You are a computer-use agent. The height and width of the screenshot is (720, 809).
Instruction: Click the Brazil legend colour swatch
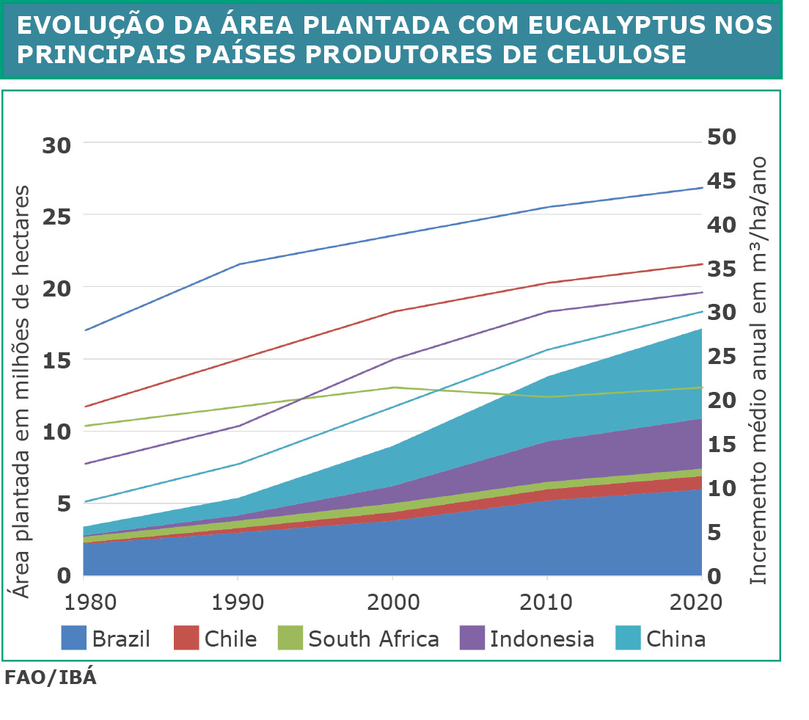[73, 638]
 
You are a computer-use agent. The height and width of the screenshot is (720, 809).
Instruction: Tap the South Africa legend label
[373, 639]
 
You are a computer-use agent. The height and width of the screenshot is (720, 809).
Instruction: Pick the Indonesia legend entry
[542, 639]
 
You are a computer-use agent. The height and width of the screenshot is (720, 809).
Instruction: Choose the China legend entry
[676, 639]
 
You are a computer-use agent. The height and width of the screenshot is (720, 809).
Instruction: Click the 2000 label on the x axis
[393, 603]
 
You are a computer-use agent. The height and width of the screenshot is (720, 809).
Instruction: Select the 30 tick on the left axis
[56, 145]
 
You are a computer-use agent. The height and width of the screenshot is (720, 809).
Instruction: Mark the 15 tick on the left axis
[56, 360]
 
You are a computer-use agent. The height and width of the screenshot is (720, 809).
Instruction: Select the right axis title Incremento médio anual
[759, 371]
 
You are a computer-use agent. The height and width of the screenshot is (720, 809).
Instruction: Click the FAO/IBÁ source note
[50, 677]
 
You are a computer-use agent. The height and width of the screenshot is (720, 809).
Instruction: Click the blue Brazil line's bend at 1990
[238, 263]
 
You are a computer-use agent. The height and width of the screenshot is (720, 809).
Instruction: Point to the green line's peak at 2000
[393, 387]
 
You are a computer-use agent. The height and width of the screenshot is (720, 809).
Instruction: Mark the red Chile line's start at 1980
[84, 406]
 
